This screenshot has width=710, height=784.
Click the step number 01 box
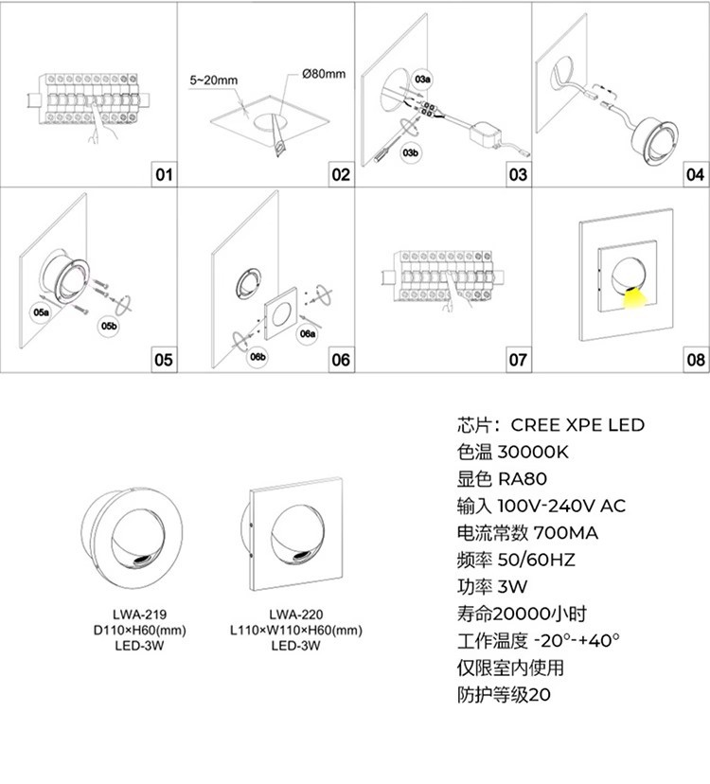click(x=164, y=174)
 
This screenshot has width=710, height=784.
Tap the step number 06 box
click(x=340, y=360)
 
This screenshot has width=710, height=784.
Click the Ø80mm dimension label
click(x=324, y=74)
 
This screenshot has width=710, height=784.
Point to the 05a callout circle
click(x=42, y=311)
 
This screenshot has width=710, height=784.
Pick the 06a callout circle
click(x=307, y=333)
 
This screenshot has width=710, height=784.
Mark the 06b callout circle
click(x=256, y=356)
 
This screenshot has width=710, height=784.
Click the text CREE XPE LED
click(x=577, y=425)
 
